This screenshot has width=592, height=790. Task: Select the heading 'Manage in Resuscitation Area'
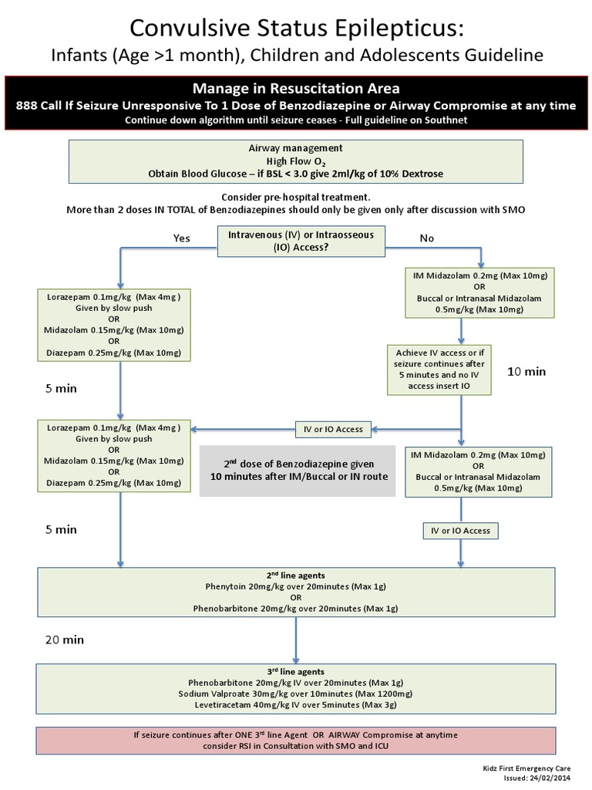[x=296, y=87]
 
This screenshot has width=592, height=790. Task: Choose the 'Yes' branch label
[x=181, y=238]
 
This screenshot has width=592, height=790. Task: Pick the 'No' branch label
[x=426, y=238]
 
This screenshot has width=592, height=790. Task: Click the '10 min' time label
[x=526, y=371]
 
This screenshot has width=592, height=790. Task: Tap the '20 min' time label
[x=64, y=640]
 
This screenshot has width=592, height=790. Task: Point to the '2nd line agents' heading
[x=296, y=576]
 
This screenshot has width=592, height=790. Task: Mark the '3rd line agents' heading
[x=296, y=671]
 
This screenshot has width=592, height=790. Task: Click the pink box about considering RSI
[x=296, y=740]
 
